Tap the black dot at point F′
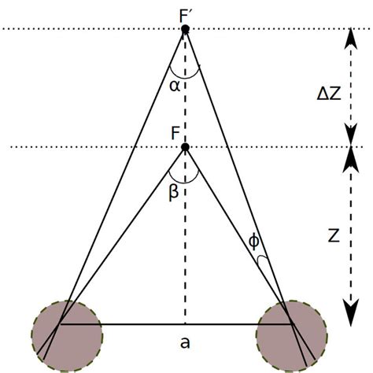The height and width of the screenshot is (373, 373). click(185, 29)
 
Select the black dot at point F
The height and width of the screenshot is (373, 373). click(185, 147)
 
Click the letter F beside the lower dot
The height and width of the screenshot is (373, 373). click(174, 133)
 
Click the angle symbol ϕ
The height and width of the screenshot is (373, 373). click(253, 242)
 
